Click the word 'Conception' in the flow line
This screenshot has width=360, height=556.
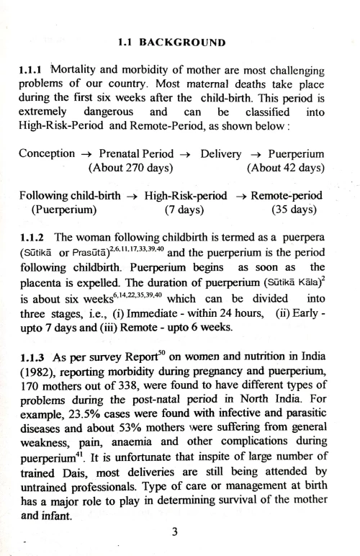47,153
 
